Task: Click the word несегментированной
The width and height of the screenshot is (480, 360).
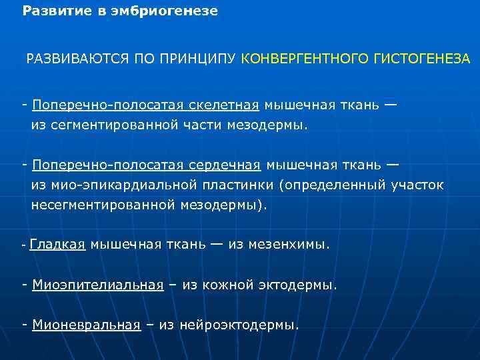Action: (x=103, y=205)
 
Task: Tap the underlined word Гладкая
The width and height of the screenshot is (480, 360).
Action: (x=57, y=245)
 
